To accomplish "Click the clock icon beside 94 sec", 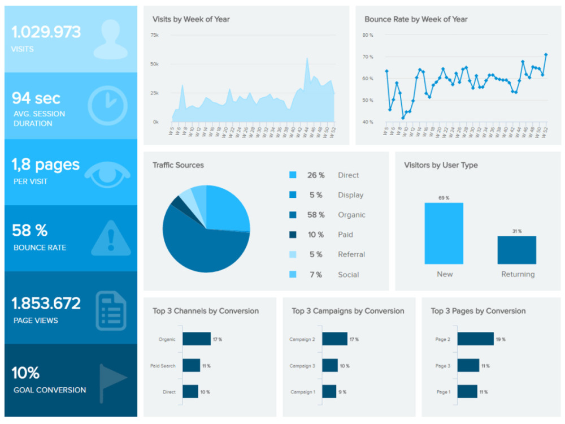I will click(107, 105).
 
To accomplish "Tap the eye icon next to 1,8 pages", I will click(107, 172).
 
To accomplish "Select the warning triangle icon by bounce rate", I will click(111, 238).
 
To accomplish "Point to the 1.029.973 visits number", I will click(46, 32).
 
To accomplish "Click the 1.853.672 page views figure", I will click(46, 304).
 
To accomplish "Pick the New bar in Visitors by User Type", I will click(444, 233).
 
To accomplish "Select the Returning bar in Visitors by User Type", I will click(517, 250).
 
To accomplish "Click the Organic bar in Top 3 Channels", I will click(196, 339).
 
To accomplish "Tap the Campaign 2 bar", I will click(334, 339).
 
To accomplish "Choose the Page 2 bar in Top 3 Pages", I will click(475, 339).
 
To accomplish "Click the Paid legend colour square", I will click(293, 235).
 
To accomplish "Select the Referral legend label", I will click(351, 254).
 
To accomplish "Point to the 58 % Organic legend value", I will click(316, 215).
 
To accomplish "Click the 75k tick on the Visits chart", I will click(154, 35).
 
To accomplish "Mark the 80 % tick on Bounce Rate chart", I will click(368, 35).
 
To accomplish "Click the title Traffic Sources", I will click(178, 165).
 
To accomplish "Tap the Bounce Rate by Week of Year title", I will click(416, 19).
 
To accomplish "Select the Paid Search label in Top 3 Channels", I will click(163, 366).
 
